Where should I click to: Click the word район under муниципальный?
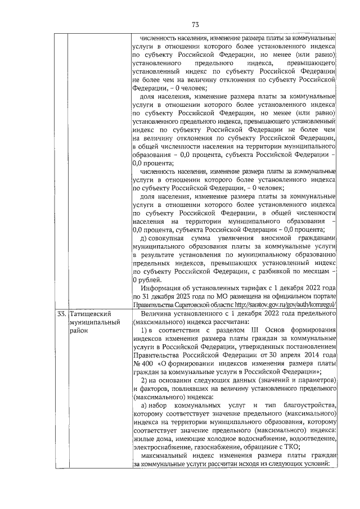[79, 331]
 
